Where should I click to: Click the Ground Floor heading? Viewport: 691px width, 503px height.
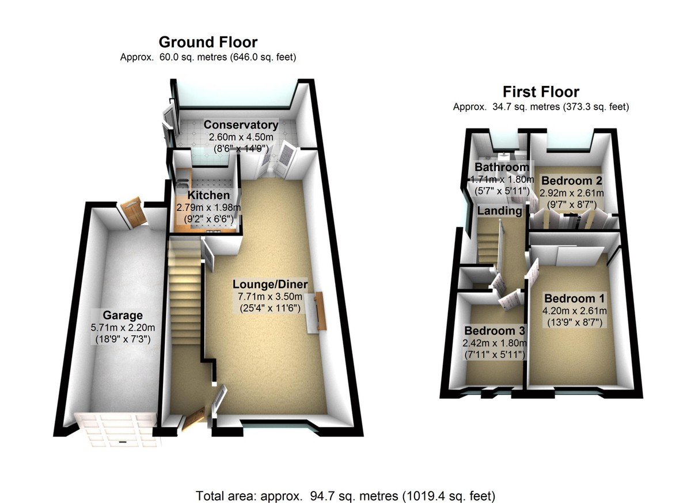208,41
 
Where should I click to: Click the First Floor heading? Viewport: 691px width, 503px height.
541,92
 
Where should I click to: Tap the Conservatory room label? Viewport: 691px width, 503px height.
241,125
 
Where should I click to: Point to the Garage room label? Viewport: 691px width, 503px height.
123,315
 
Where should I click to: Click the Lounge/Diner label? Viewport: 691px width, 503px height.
270,285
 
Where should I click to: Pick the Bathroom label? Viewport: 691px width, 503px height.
502,167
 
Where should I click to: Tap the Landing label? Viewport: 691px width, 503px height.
499,211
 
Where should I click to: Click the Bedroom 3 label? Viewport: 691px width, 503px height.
495,331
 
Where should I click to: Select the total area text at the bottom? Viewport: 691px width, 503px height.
345,496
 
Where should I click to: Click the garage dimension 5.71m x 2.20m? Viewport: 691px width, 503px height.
123,328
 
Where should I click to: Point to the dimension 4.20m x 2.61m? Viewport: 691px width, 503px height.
572,311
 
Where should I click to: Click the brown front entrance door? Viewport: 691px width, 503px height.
193,418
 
